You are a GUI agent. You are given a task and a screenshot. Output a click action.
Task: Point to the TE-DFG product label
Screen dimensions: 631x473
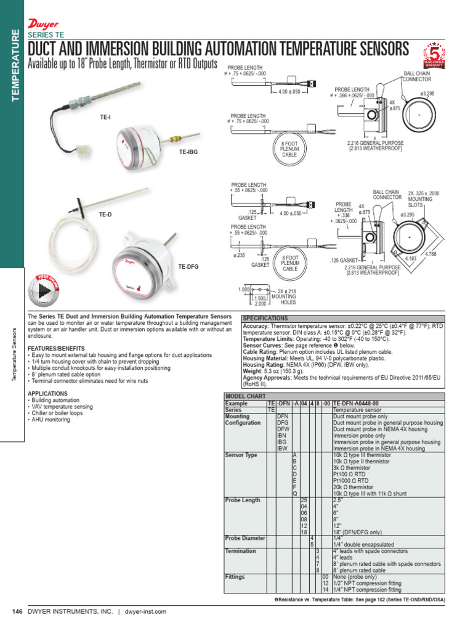[x=188, y=267]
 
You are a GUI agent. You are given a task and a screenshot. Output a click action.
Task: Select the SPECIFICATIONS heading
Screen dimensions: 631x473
[x=265, y=319]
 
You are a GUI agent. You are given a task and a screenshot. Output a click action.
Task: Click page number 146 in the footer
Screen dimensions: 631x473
[x=17, y=611]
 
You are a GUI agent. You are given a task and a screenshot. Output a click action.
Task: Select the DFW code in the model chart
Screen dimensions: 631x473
[x=283, y=429]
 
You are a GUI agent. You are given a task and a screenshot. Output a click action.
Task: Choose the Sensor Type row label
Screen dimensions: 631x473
[x=241, y=455]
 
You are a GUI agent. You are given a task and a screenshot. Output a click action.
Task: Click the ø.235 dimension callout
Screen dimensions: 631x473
[x=240, y=255]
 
